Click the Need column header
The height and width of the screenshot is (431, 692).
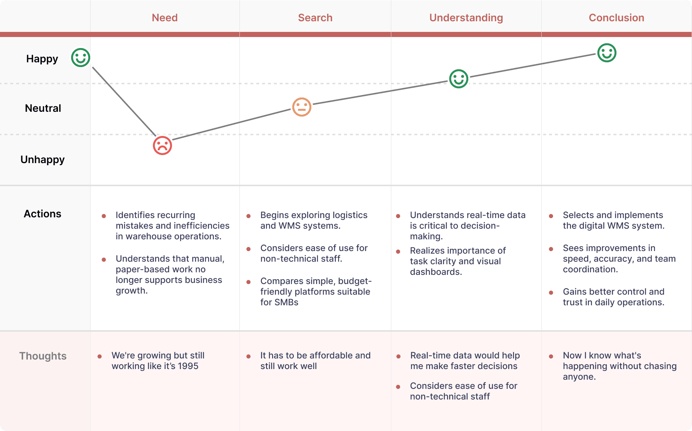pyautogui.click(x=165, y=18)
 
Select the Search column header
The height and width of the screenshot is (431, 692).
pyautogui.click(x=315, y=18)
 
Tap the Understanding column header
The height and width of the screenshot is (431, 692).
pyautogui.click(x=466, y=18)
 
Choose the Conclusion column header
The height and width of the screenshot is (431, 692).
pyautogui.click(x=616, y=18)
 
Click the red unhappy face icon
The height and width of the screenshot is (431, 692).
pyautogui.click(x=162, y=145)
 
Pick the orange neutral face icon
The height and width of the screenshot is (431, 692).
pyautogui.click(x=302, y=107)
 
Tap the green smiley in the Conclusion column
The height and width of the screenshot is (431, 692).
pyautogui.click(x=607, y=53)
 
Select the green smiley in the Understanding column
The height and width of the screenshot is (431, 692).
pyautogui.click(x=459, y=79)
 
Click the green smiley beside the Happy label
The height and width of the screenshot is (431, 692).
pyautogui.click(x=81, y=58)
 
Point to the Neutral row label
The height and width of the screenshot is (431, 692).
pyautogui.click(x=43, y=108)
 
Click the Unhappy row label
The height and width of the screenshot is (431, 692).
pyautogui.click(x=43, y=160)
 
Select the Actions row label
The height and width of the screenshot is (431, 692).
pyautogui.click(x=43, y=214)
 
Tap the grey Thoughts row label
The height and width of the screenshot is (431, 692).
pyautogui.click(x=43, y=356)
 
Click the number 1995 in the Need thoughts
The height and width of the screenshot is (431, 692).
pyautogui.click(x=188, y=366)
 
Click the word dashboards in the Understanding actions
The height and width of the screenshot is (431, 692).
pyautogui.click(x=436, y=272)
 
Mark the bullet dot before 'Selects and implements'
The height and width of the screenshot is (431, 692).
pyautogui.click(x=551, y=216)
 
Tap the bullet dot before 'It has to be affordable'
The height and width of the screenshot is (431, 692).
pyautogui.click(x=248, y=356)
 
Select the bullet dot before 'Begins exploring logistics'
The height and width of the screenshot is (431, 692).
pyautogui.click(x=248, y=216)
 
